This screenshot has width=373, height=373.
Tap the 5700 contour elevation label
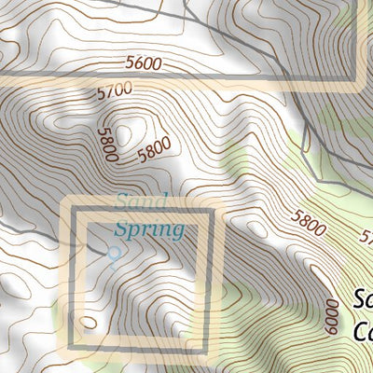114,90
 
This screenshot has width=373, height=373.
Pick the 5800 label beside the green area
309,224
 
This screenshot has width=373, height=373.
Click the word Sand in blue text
142,200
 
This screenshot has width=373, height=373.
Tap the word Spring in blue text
149,227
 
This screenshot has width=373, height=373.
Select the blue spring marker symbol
115,253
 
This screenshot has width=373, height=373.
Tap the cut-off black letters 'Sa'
364,301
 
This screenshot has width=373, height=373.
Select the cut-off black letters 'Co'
364,331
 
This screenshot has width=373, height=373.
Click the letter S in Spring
121,228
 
